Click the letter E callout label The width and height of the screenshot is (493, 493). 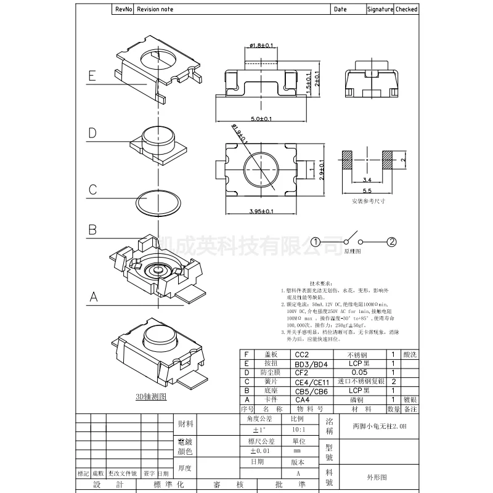click(92, 76)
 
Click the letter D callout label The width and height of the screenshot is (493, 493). click(92, 133)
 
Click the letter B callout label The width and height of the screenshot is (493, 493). click(92, 230)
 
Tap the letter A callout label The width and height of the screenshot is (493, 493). click(92, 297)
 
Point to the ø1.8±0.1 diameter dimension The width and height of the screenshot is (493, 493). click(262, 45)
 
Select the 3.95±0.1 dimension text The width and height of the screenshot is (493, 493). click(261, 211)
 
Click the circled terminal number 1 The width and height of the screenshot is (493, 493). click(316, 242)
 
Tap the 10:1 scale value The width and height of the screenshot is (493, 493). click(298, 429)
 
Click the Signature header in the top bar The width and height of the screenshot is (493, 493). click(380, 9)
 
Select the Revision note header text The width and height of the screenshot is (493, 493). click(155, 9)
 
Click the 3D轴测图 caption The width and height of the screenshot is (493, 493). click(151, 396)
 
